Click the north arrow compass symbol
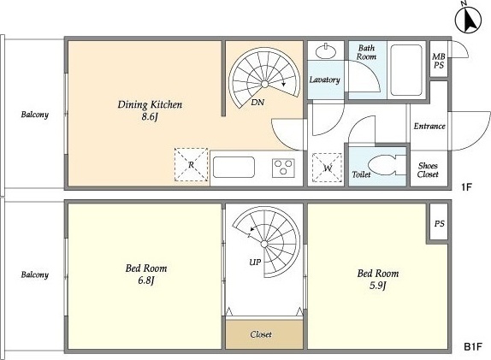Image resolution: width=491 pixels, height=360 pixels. pyautogui.click(x=468, y=21)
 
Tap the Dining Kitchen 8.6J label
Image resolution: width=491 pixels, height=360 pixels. pyautogui.click(x=150, y=110)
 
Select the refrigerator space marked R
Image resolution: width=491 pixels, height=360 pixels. pyautogui.click(x=191, y=165)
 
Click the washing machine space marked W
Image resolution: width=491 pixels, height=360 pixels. pyautogui.click(x=328, y=168)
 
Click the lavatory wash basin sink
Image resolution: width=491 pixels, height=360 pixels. pyautogui.click(x=326, y=50)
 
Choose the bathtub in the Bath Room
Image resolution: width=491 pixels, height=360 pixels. pyautogui.click(x=406, y=70)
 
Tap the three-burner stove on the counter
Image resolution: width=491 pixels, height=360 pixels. pyautogui.click(x=283, y=168)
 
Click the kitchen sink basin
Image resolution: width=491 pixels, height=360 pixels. pyautogui.click(x=234, y=167)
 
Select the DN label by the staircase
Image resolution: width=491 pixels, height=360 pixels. pyautogui.click(x=257, y=102)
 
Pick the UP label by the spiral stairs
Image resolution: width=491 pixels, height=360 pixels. pyautogui.click(x=255, y=262)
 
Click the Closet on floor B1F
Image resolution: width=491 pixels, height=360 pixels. pyautogui.click(x=264, y=334)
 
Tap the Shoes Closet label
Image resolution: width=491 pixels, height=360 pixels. pyautogui.click(x=428, y=169)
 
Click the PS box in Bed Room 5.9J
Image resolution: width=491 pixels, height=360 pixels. pyautogui.click(x=439, y=223)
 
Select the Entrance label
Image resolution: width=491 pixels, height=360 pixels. pyautogui.click(x=429, y=126)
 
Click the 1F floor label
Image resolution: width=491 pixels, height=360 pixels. pyautogui.click(x=466, y=187)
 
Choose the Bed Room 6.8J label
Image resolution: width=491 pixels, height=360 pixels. pyautogui.click(x=146, y=274)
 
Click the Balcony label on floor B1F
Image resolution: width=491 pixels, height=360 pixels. pyautogui.click(x=35, y=274)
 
